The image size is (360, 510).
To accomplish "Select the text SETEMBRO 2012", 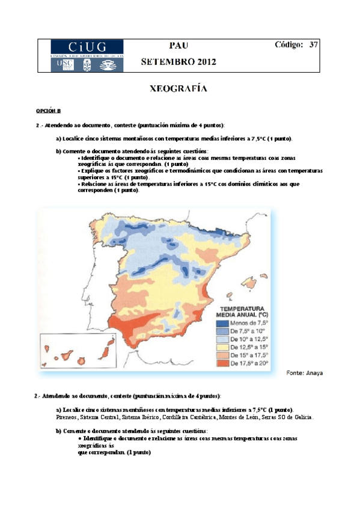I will (x=178, y=62).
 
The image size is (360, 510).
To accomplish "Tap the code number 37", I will (x=313, y=45).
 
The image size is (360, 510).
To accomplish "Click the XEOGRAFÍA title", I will (x=178, y=89).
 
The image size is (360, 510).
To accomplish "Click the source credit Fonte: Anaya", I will (x=305, y=373).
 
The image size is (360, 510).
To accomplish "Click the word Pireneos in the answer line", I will (x=66, y=417).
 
